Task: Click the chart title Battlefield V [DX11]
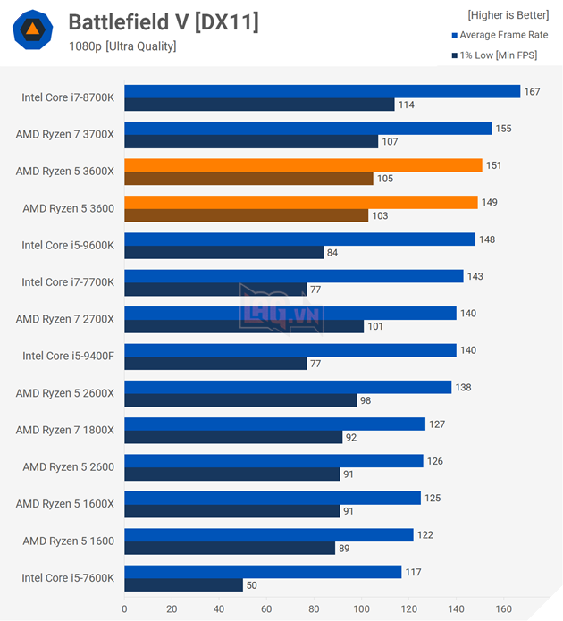164,21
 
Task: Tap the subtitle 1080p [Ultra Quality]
122,46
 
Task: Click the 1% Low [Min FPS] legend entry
503,55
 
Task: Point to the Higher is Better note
508,14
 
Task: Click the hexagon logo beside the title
32,30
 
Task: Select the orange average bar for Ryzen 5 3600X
303,165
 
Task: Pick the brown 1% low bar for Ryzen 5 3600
246,215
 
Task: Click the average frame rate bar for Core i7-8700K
322,91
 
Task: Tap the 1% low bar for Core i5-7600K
183,585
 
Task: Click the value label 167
534,91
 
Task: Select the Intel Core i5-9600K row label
68,245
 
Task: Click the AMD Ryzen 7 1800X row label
65,430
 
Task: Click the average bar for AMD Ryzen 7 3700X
307,128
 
